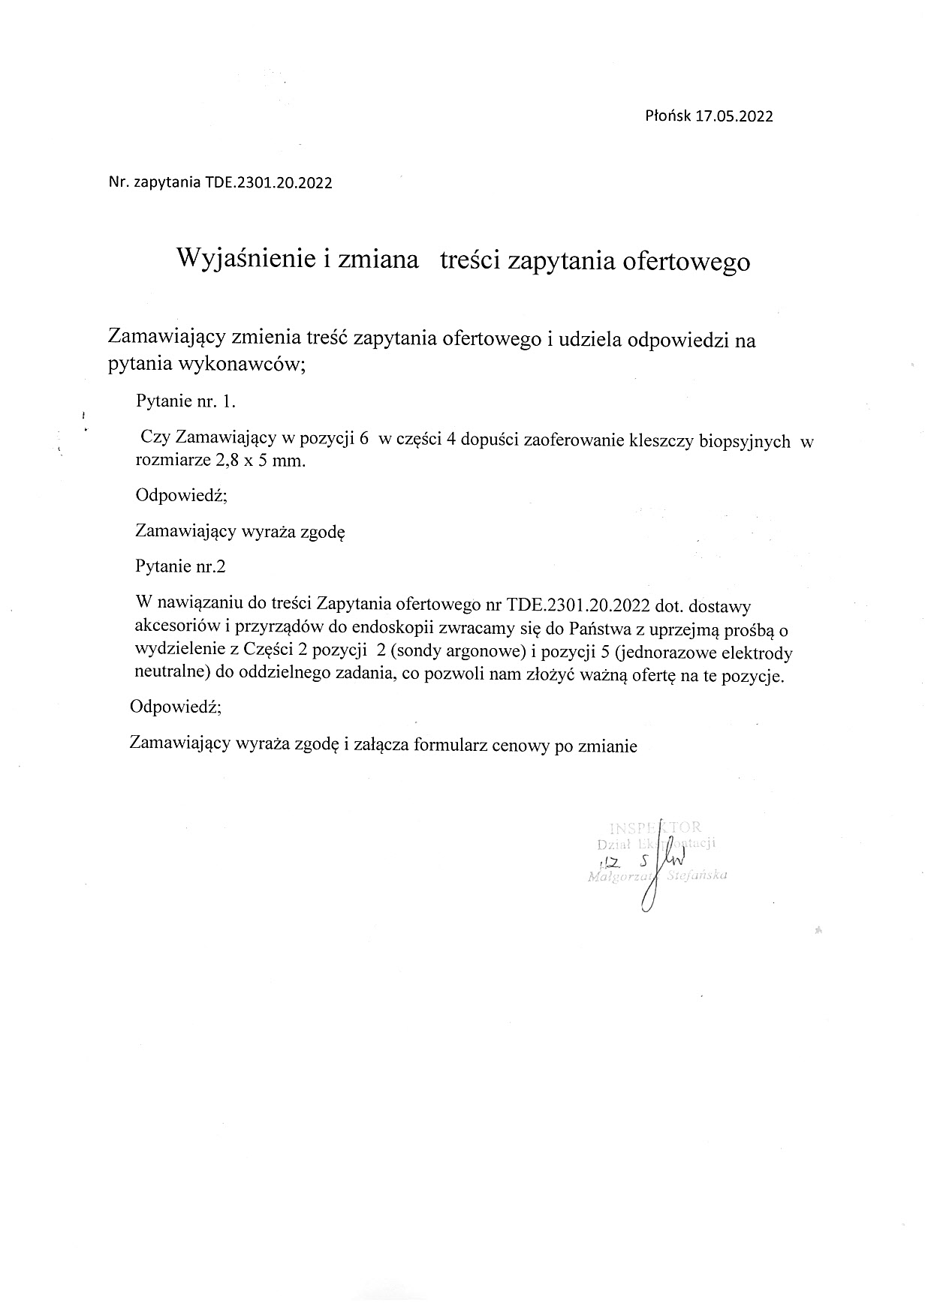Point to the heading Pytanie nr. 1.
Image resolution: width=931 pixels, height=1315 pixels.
point(185,401)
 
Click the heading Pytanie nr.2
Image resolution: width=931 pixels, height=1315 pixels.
point(180,566)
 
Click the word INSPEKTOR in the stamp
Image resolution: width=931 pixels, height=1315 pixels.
point(655,827)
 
